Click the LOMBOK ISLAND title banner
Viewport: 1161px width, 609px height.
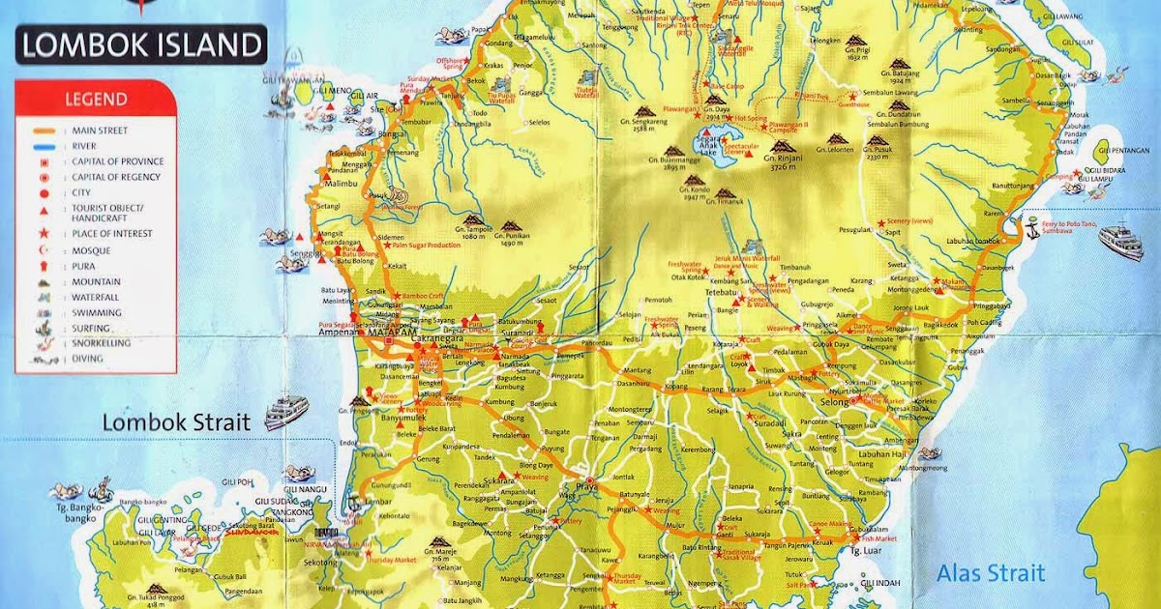coord(142,44)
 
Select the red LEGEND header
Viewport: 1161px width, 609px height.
coord(95,99)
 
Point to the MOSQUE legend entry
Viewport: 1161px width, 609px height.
coord(90,250)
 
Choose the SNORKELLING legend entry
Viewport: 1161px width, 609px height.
coord(101,343)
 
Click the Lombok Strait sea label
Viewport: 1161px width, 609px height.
coord(176,422)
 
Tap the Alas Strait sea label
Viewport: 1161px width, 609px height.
coord(990,573)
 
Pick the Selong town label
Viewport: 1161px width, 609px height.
coord(834,401)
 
